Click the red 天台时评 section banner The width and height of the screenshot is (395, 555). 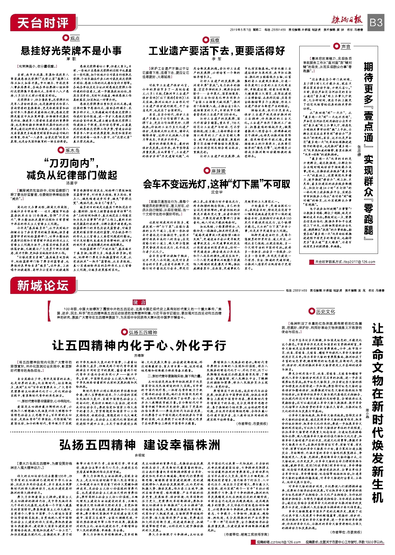tap(43, 23)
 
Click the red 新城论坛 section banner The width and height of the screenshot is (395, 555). tap(43, 286)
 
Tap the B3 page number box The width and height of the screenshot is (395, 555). tap(376, 22)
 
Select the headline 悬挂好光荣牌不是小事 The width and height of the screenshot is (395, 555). tap(71, 51)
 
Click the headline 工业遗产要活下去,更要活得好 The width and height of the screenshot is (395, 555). tap(217, 51)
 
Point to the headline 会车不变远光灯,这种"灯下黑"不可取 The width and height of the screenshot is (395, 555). tap(217, 184)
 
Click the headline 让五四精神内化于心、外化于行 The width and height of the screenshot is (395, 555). tap(139, 345)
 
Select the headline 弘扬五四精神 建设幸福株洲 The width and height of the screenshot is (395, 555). tap(140, 445)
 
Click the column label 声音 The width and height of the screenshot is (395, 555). tap(346, 47)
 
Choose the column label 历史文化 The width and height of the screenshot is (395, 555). tap(325, 311)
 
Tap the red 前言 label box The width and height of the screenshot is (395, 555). tap(139, 302)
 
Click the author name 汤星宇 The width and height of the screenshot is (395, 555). tap(72, 183)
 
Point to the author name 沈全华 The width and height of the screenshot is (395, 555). tap(217, 192)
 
